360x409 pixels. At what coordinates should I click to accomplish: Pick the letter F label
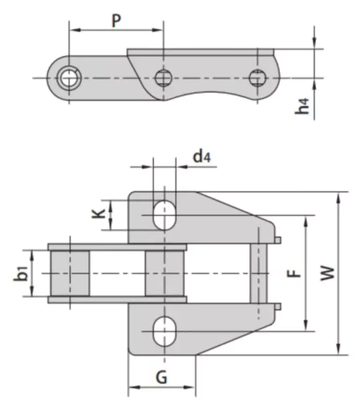tap(294, 273)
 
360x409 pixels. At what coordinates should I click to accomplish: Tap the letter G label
tap(161, 378)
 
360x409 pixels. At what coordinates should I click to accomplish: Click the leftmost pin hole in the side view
tap(67, 78)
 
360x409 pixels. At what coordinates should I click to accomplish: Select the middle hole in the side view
tap(163, 78)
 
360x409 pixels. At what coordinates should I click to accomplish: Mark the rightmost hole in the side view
tap(257, 78)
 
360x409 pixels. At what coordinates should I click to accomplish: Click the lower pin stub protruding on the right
tap(277, 306)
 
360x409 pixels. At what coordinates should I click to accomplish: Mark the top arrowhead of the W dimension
tap(339, 197)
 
